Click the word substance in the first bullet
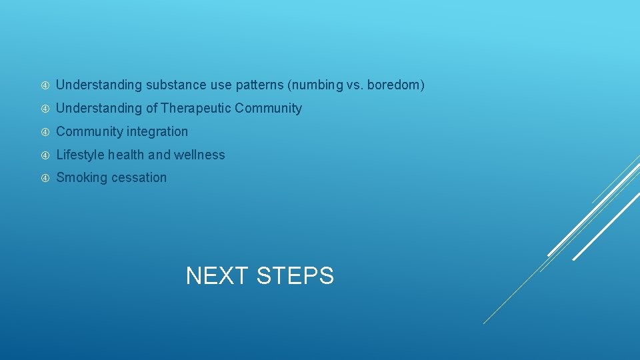tap(175, 85)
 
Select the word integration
tap(156, 131)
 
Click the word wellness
tap(199, 155)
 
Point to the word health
tap(126, 155)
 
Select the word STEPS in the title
tap(295, 275)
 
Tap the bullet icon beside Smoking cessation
tap(45, 178)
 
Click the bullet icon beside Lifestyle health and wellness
tap(45, 155)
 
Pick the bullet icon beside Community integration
tap(45, 132)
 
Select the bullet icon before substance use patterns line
tap(45, 86)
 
